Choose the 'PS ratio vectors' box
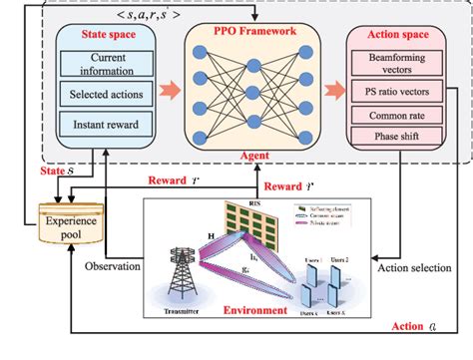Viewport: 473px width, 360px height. click(394, 93)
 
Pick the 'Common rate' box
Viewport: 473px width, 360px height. click(394, 115)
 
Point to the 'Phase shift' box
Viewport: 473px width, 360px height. click(394, 135)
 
